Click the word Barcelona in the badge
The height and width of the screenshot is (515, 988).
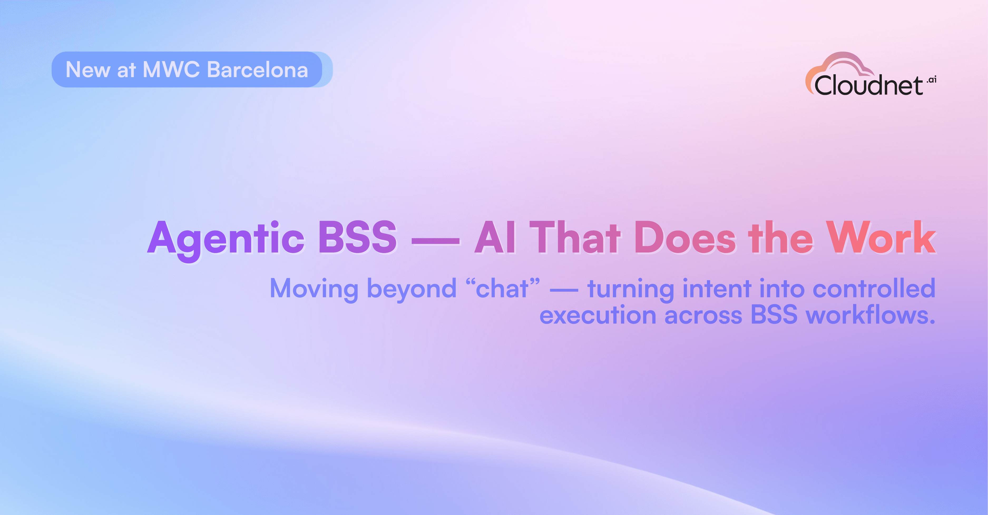257,70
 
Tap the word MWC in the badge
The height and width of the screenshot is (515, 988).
171,70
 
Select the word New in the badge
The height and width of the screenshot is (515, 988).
88,70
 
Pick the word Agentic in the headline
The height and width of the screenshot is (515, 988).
226,239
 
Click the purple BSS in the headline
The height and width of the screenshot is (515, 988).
358,237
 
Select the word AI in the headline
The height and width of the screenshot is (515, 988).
495,237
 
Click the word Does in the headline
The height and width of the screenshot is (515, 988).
685,237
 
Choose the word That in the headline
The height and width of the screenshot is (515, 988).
575,237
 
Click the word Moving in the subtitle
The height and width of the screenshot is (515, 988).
314,289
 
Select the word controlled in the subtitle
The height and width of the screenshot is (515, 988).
874,288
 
